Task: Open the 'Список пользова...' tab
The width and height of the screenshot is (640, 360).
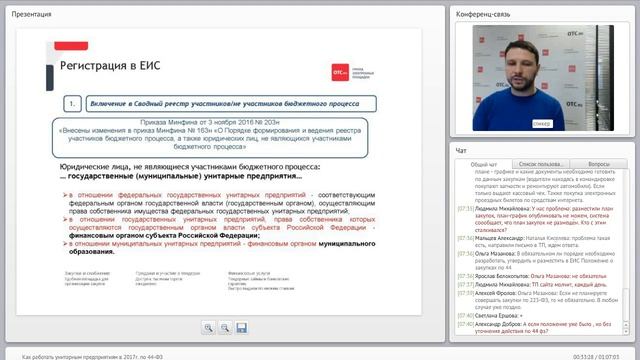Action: (540, 164)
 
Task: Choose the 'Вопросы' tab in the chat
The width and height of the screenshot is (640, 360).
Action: (599, 164)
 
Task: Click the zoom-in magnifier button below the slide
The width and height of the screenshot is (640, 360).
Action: (208, 327)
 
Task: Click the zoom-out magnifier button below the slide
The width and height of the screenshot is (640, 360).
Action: (225, 327)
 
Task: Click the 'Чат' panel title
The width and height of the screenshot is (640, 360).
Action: (461, 150)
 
